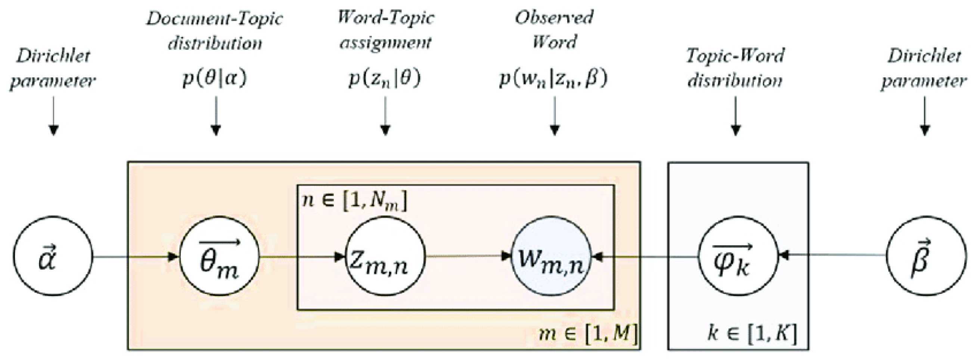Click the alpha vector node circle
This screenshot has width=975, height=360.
[x=53, y=257]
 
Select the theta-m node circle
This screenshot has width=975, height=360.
[x=219, y=257]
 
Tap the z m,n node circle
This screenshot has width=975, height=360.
[x=385, y=257]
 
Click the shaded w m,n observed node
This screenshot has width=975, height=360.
[x=551, y=257]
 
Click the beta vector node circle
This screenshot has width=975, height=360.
[x=926, y=257]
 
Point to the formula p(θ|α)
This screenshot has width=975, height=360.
[x=215, y=79]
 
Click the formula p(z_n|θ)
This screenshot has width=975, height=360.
[x=385, y=79]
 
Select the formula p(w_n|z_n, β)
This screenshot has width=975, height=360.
[x=553, y=79]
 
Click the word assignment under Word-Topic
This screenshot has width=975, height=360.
[x=385, y=43]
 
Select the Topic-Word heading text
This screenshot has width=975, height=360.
[x=735, y=56]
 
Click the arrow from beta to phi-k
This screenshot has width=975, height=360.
[x=833, y=256]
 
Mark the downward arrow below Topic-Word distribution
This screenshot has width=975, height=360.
[x=735, y=116]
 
